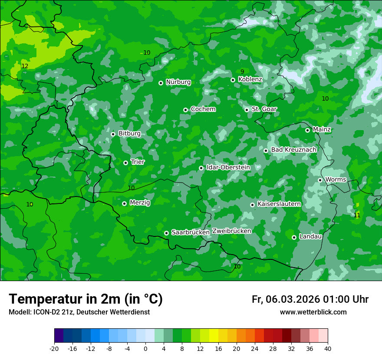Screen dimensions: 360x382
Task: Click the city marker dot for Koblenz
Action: coord(233,80)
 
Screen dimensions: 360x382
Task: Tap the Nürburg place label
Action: coord(178,82)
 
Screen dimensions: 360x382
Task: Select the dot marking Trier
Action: coord(125,163)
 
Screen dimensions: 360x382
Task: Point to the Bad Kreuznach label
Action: coord(293,150)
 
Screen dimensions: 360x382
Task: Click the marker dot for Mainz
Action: coord(307,130)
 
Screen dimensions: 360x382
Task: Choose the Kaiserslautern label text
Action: coord(279,204)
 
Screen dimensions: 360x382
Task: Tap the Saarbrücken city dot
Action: coord(166,233)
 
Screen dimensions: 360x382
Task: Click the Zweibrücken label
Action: coord(231,231)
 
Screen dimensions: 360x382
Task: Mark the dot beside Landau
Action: coord(294,237)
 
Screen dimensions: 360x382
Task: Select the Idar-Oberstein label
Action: coord(228,167)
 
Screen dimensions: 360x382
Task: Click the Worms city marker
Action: coord(320,180)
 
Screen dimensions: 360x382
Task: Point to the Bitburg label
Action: coord(129,134)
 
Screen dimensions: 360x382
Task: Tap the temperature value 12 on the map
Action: coord(25,66)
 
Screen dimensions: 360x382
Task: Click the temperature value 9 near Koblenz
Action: coord(242,72)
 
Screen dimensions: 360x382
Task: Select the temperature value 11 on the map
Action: coord(357,215)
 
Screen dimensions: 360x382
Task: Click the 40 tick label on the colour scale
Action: coord(328,348)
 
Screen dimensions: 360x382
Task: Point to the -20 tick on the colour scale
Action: coord(54,348)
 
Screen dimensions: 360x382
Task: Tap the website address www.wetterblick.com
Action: coord(313,312)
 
